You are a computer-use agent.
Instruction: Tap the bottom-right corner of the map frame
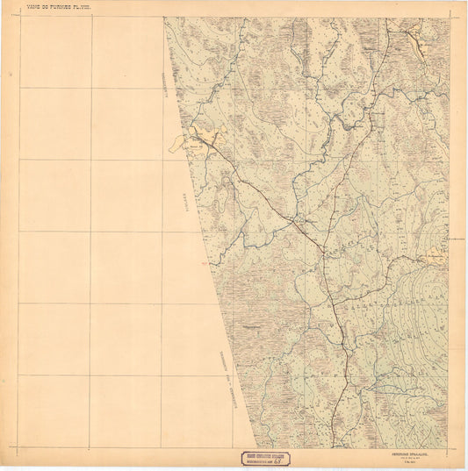pos(449,448)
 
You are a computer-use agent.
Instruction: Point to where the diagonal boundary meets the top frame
pos(163,17)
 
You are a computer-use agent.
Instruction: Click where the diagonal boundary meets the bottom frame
pos(256,448)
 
